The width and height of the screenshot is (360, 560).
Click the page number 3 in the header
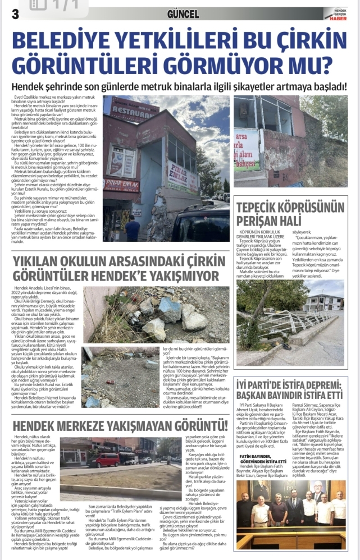[x=7, y=14]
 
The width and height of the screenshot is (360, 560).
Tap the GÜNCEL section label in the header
[x=183, y=14]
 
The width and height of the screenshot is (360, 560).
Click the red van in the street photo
[x=105, y=460]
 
